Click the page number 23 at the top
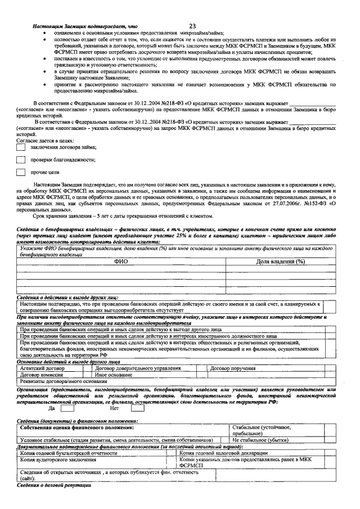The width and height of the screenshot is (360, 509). [x=193, y=26]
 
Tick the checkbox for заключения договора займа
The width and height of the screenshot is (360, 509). [x=21, y=147]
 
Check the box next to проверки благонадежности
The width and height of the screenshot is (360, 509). [x=21, y=160]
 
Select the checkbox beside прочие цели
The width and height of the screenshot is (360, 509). [x=21, y=173]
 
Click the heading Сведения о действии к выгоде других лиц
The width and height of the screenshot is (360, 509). [x=67, y=296]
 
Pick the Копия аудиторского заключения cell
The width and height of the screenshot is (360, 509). [x=53, y=459]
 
